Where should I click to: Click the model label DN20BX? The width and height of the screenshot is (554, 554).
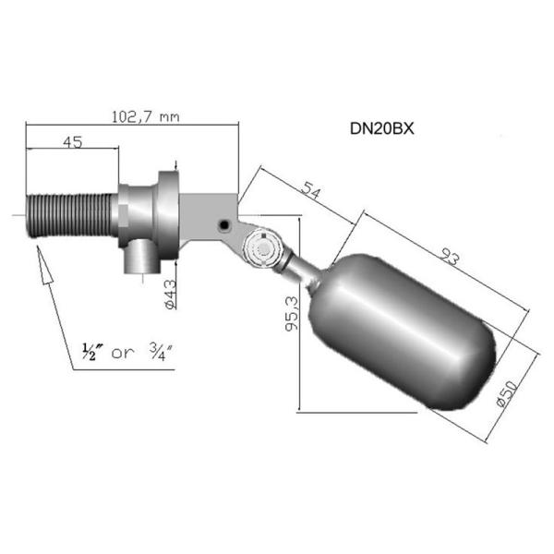381,128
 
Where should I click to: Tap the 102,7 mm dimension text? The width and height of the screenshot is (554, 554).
145,117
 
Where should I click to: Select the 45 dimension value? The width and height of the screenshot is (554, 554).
73,142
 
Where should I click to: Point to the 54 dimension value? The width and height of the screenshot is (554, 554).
311,190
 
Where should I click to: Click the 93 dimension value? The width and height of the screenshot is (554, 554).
451,256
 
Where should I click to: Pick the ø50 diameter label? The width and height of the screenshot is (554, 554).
507,393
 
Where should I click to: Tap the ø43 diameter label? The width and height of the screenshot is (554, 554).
170,295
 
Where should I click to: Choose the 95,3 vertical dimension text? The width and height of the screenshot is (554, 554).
292,314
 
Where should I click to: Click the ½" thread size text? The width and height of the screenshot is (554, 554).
89,351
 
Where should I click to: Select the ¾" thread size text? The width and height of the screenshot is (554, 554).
161,352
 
